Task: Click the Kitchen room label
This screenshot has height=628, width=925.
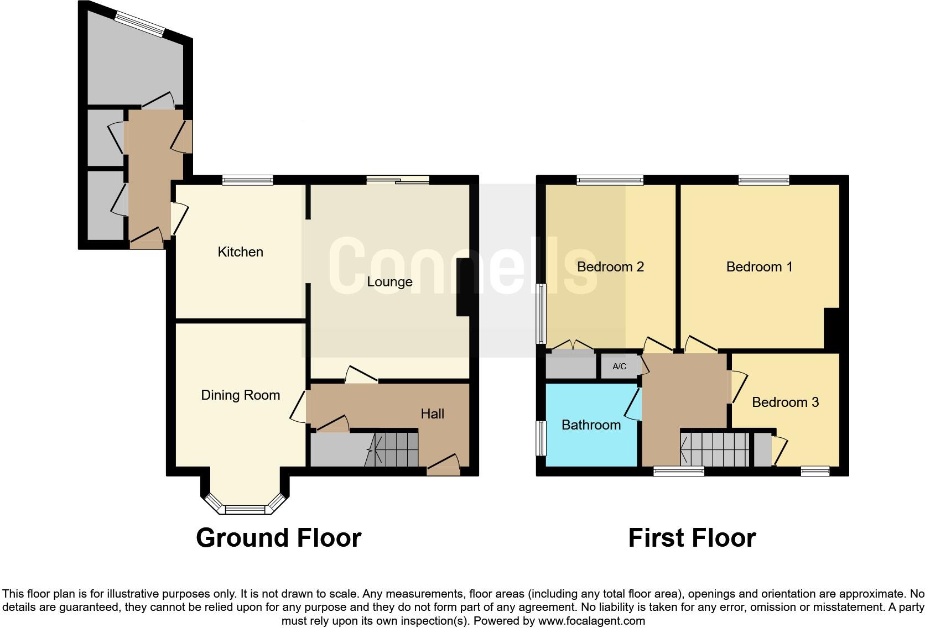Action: click(x=240, y=252)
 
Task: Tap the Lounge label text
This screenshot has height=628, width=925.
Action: click(x=389, y=282)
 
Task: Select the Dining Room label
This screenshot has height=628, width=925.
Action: click(x=240, y=395)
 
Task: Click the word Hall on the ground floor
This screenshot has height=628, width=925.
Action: click(x=432, y=414)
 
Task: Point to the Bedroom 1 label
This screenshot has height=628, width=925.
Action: click(x=759, y=267)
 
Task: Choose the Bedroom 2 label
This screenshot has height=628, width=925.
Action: click(x=610, y=267)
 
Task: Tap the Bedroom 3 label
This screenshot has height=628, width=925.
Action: click(x=785, y=402)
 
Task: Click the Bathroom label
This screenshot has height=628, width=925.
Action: click(x=591, y=425)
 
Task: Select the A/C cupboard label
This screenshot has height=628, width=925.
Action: click(x=620, y=367)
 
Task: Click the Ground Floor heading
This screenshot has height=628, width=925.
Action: click(x=278, y=538)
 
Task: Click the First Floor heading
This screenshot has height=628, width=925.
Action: click(x=692, y=538)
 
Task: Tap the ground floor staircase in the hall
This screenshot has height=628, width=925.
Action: click(x=393, y=449)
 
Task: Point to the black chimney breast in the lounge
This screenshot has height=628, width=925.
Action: click(x=463, y=288)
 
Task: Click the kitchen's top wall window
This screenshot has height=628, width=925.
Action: click(x=248, y=180)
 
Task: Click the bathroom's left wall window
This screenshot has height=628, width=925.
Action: click(x=541, y=438)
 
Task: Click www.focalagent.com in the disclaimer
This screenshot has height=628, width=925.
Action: click(x=591, y=621)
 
